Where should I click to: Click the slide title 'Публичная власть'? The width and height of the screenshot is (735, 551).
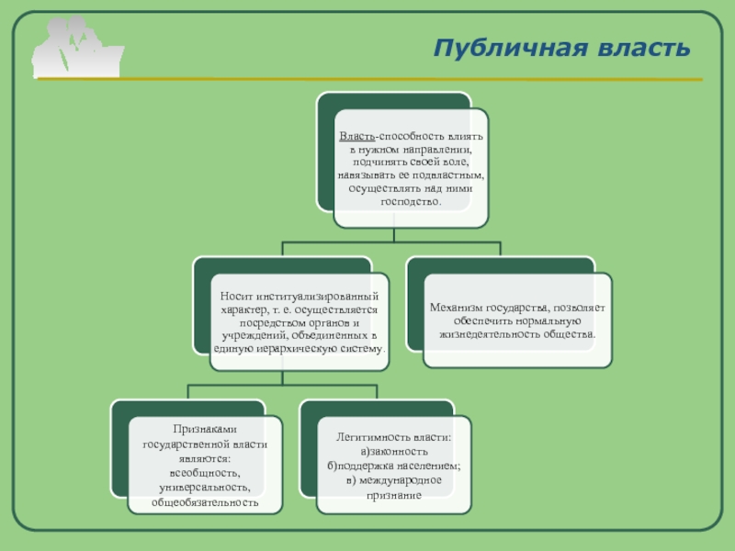point(561,48)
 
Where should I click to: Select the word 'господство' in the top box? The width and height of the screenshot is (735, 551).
point(409,201)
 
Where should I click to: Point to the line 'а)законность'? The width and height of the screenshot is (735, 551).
point(393,451)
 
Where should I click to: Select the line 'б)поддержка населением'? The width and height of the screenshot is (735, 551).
point(392,466)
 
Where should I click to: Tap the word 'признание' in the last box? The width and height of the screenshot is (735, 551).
point(393,495)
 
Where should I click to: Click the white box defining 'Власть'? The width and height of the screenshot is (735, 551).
point(410,168)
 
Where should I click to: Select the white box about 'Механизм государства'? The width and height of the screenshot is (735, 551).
point(517,320)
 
